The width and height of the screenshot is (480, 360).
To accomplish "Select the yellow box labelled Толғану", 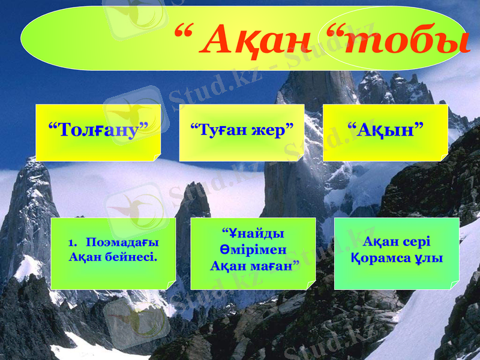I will click(98, 132).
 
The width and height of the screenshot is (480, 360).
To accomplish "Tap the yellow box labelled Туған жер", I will click(242, 132).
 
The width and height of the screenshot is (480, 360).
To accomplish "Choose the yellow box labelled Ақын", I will click(385, 132).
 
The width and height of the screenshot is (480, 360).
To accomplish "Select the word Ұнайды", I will click(253, 233).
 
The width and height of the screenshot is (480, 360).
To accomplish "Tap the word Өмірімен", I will click(253, 248).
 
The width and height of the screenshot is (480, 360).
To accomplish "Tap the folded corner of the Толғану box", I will click(156, 157).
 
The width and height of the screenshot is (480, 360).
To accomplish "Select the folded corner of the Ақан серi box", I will click(454, 286).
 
